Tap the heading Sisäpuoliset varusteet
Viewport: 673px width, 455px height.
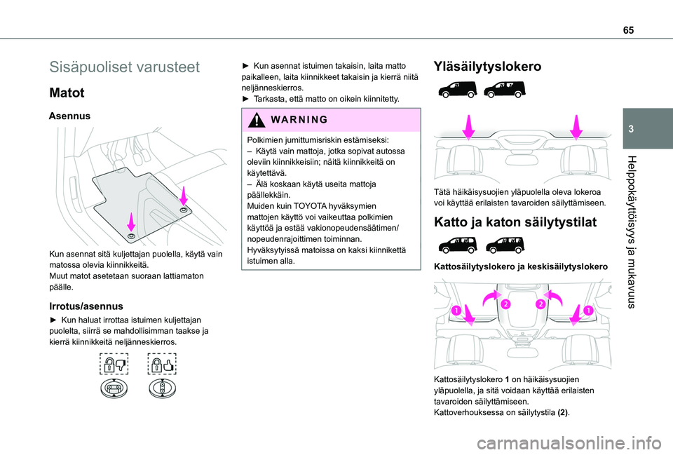point(125,68)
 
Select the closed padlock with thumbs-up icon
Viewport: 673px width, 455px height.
point(162,365)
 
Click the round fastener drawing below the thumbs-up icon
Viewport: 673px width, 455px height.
point(162,390)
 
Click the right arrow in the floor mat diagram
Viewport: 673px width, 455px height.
point(183,198)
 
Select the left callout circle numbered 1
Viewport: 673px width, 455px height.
point(456,309)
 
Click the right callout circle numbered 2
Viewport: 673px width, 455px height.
point(542,304)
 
